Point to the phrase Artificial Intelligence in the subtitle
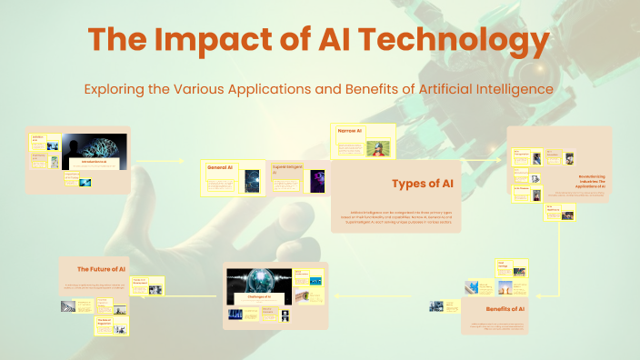point(478,90)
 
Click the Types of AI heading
point(422,184)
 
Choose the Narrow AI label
point(350,132)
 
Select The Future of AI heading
point(101,269)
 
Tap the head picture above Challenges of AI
point(257,281)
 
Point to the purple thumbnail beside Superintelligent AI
point(316,182)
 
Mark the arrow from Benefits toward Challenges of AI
point(382,295)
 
